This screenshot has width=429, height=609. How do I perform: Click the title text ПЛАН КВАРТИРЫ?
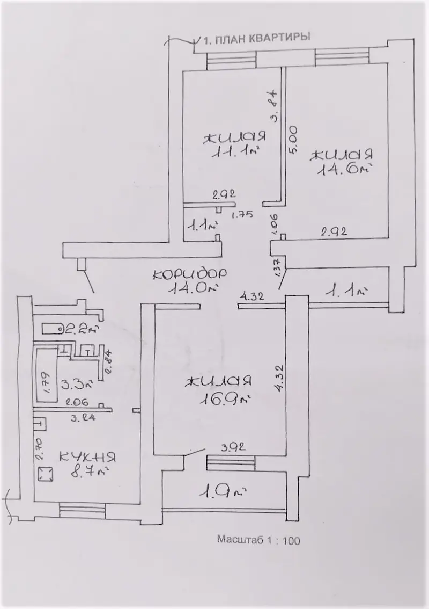[x=262, y=38]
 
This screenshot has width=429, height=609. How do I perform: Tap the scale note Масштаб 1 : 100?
[x=258, y=540]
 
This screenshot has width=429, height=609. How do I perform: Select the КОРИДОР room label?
[x=190, y=274]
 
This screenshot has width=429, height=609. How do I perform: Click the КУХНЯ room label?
[x=87, y=456]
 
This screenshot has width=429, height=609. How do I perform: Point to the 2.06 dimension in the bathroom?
[x=77, y=402]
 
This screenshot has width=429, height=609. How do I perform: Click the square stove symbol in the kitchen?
[x=46, y=474]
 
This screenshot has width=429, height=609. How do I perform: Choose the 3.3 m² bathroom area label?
[x=77, y=385]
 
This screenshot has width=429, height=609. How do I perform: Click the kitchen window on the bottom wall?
[x=82, y=510]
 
